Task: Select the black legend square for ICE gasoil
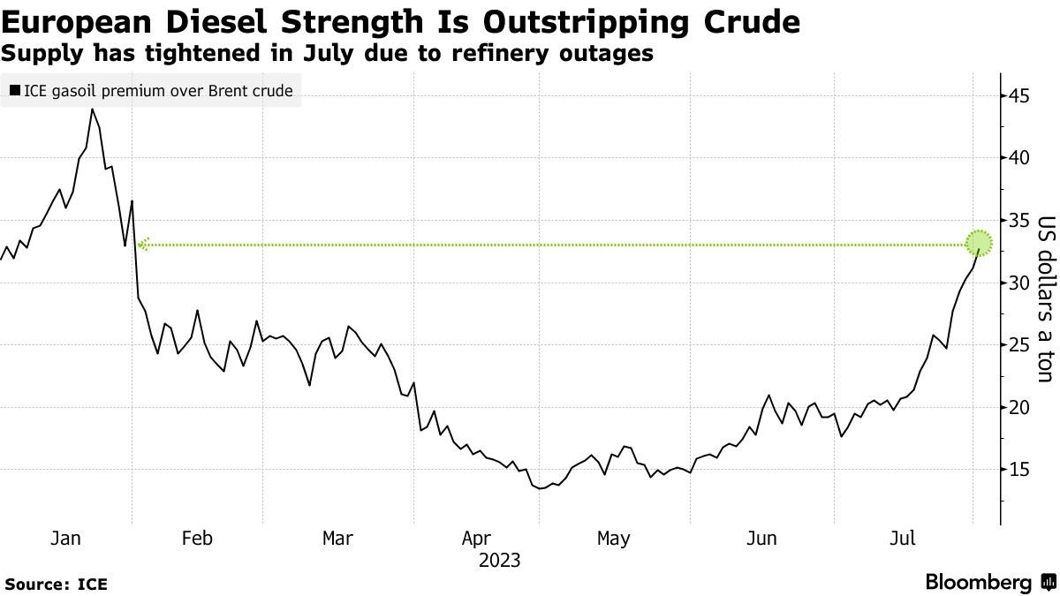click(15, 90)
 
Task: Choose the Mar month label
click(337, 538)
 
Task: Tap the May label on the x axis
click(613, 538)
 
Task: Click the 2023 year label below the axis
click(499, 561)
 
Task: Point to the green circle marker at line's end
click(980, 242)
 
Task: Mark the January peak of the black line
click(92, 109)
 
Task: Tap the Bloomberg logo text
click(978, 583)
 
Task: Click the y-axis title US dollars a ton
click(1046, 299)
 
